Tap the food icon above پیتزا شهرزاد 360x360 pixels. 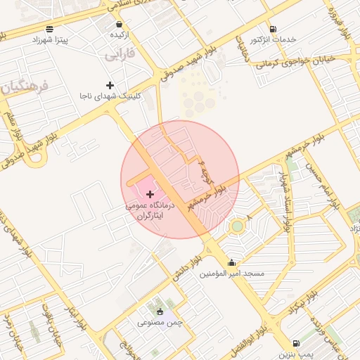(x=49, y=29)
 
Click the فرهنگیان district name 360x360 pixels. (x=24, y=88)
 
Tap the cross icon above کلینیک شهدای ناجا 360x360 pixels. (x=110, y=85)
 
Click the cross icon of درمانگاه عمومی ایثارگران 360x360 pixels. (x=150, y=193)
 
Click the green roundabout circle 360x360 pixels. (x=237, y=226)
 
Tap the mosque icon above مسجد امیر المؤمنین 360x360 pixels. (x=232, y=262)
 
